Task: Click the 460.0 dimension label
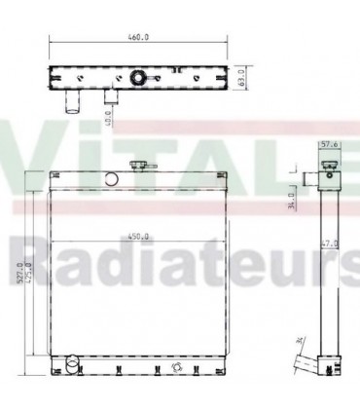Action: pyautogui.click(x=139, y=38)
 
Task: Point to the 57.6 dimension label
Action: pyautogui.click(x=330, y=145)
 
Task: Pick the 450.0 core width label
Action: pyautogui.click(x=138, y=234)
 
